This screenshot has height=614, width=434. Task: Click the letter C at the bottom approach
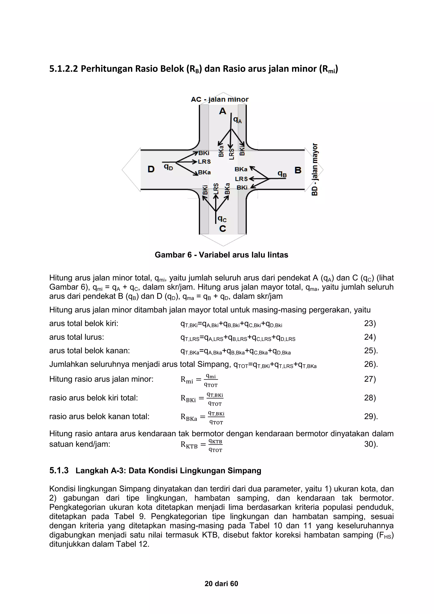coord(222,229)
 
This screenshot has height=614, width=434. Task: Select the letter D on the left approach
coord(151,169)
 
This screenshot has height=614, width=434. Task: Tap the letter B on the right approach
coord(298,170)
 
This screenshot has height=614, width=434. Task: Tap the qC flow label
coord(222,219)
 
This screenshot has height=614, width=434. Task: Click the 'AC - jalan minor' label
coord(220,99)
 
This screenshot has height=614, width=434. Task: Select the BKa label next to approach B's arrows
coord(241,169)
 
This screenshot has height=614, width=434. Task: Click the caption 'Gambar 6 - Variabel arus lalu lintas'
coord(221,255)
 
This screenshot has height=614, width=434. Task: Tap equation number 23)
coord(370,324)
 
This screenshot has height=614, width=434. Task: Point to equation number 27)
coord(370,379)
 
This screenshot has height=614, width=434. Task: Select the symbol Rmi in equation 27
coord(187,380)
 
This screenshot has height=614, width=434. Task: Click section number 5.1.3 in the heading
coord(59,471)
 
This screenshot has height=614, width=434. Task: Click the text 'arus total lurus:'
coord(77,337)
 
